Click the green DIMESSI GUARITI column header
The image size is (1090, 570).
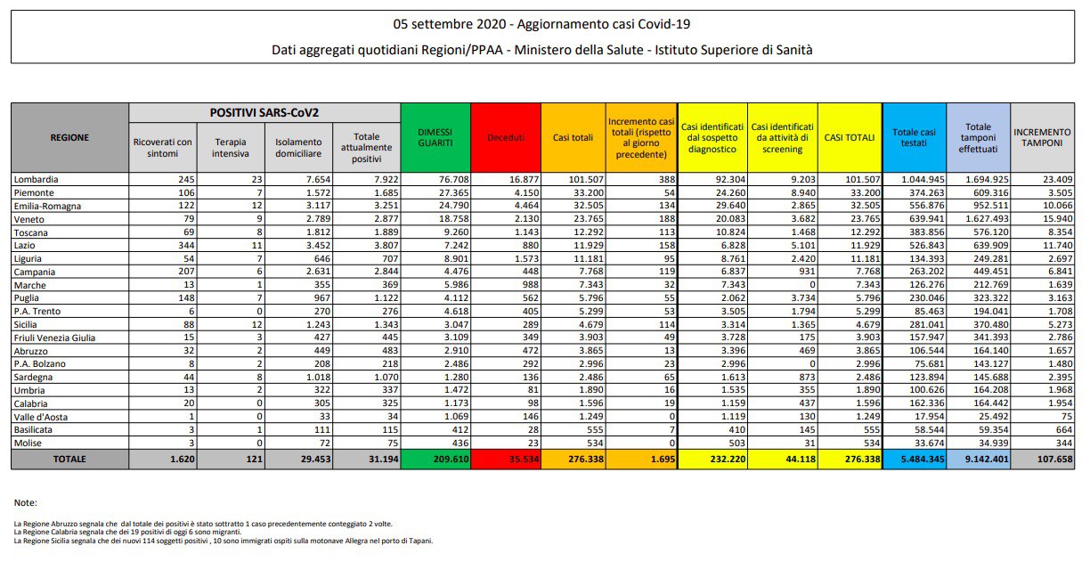coord(435,137)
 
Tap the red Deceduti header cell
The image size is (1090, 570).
coord(505,138)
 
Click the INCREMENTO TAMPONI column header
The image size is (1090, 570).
coord(1043,137)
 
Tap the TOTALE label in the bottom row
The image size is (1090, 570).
coord(69,460)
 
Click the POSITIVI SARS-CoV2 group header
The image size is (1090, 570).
coord(264,113)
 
